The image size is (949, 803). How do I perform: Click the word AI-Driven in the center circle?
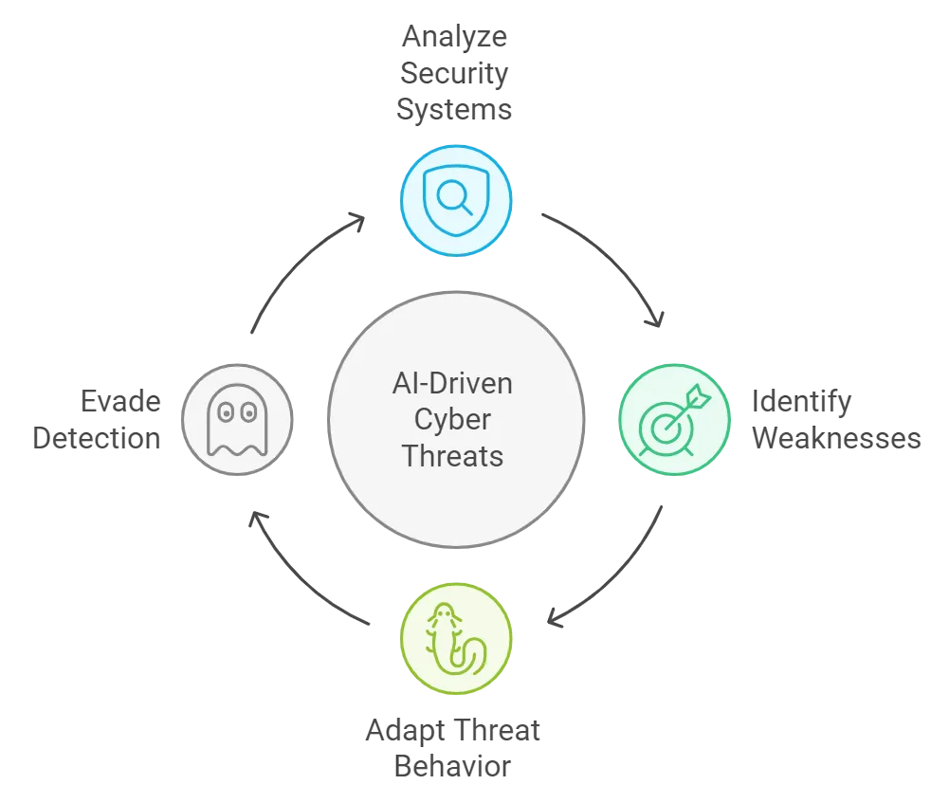tap(452, 385)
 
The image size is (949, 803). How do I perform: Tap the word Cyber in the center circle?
tap(453, 420)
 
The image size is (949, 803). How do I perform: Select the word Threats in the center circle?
tap(452, 455)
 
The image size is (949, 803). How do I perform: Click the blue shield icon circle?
tap(456, 201)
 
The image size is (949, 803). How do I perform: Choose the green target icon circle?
tap(674, 419)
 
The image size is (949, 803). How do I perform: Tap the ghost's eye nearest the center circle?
tap(248, 411)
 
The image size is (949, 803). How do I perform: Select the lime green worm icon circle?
tap(457, 637)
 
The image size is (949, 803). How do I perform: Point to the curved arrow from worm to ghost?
tap(301, 574)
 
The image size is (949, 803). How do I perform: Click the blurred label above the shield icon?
tap(455, 74)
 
